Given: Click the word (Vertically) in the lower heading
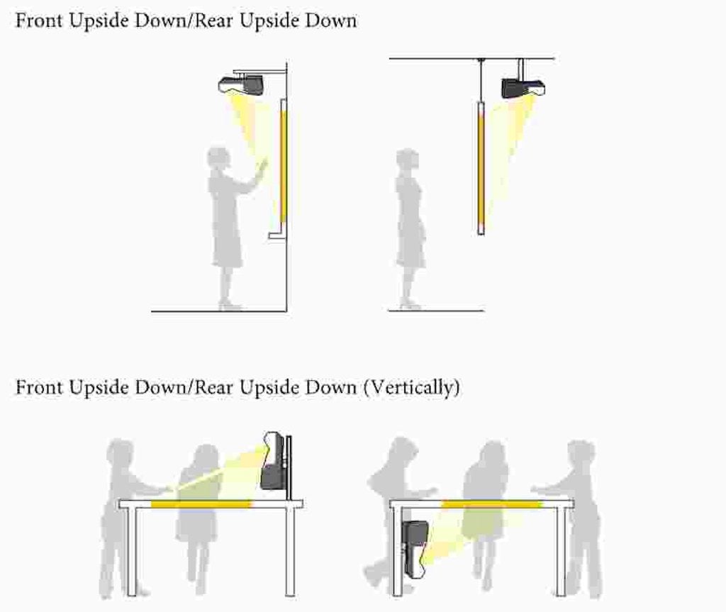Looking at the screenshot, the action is click(x=412, y=387).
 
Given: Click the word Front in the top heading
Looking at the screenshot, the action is click(x=39, y=21).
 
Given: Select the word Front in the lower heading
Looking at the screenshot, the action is click(x=39, y=387).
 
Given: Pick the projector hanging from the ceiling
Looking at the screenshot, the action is click(x=523, y=88).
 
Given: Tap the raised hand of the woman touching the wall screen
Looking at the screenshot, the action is click(x=262, y=165).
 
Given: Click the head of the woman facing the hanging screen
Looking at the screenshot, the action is click(x=408, y=159).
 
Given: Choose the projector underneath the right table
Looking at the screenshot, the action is click(x=415, y=549).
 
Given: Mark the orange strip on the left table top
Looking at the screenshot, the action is click(x=201, y=504).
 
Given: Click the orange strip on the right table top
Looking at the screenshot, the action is click(x=492, y=504).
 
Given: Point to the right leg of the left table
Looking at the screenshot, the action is click(x=290, y=551).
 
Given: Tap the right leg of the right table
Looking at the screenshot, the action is click(x=561, y=551).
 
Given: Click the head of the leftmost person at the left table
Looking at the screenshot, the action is click(x=121, y=452).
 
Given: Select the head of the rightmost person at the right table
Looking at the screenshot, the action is click(x=581, y=455).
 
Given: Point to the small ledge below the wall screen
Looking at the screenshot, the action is click(x=277, y=236).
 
